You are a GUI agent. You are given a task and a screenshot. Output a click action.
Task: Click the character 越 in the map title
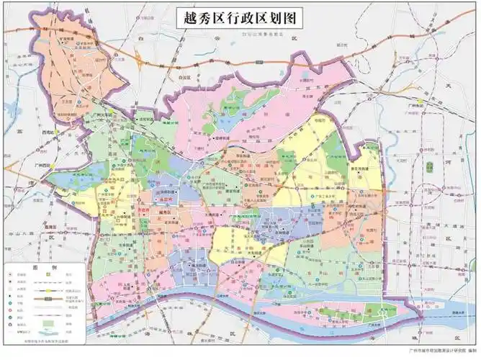185,17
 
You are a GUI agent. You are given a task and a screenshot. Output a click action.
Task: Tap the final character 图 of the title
295,17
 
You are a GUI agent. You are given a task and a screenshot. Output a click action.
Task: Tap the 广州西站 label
45,166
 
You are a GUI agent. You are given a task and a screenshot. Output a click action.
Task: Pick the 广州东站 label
413,106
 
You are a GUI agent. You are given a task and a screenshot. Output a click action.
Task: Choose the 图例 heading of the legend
40,267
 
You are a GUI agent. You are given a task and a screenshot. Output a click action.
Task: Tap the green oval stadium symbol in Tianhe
430,167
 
